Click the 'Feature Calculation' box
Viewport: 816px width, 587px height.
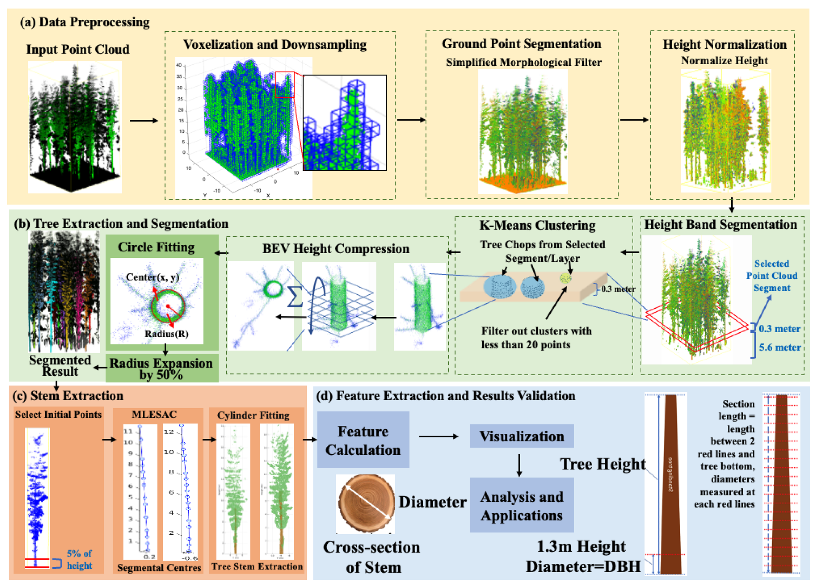pos(363,440)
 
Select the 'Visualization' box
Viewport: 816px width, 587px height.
pos(521,436)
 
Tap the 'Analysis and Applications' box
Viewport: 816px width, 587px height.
pos(521,505)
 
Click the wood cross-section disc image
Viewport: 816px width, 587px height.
pos(366,503)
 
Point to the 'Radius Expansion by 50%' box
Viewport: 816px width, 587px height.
pos(162,368)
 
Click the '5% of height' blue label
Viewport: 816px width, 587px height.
pos(79,559)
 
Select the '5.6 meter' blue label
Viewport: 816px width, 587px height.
pos(779,347)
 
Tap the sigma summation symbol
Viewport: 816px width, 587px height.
pos(295,297)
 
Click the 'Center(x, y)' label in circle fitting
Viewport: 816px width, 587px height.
pos(152,277)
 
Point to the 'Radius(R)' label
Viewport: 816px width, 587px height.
pos(166,334)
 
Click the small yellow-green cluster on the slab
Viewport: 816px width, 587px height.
pos(566,278)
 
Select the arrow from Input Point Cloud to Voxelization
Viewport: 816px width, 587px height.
pos(143,121)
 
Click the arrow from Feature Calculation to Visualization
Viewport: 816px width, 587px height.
pos(438,436)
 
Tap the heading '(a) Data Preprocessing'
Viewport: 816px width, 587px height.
pos(84,22)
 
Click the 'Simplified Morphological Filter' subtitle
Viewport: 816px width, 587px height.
pos(523,62)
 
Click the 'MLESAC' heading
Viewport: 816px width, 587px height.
pos(154,414)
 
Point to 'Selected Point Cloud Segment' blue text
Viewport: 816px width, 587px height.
pos(771,276)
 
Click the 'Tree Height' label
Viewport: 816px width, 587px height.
pos(602,464)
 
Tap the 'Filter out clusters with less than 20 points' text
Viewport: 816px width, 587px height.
pos(536,338)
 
